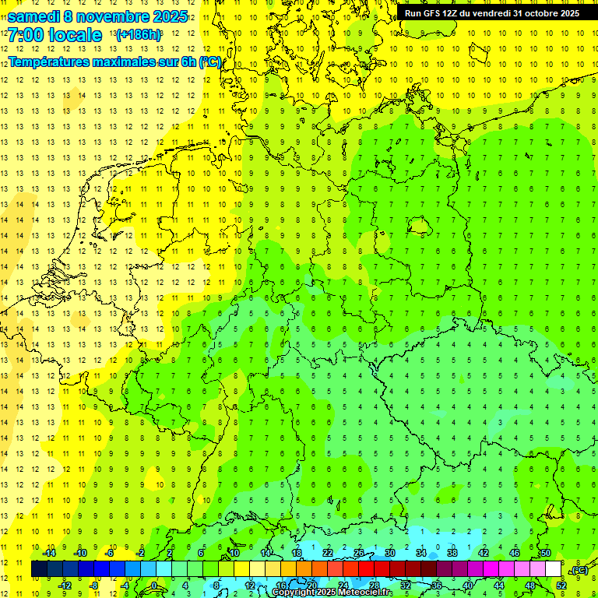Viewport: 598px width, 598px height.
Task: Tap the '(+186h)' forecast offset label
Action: [139, 35]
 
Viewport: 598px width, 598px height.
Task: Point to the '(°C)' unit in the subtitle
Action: [210, 62]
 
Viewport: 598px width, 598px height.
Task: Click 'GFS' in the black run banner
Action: [436, 13]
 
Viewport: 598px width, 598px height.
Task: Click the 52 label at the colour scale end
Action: [561, 586]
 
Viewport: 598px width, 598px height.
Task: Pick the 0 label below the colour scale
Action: [155, 586]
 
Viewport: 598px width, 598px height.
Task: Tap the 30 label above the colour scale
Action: [389, 552]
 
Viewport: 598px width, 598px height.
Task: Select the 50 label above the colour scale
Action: [545, 552]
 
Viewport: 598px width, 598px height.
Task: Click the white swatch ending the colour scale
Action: [553, 568]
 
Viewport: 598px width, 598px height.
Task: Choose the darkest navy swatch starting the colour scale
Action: [39, 568]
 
